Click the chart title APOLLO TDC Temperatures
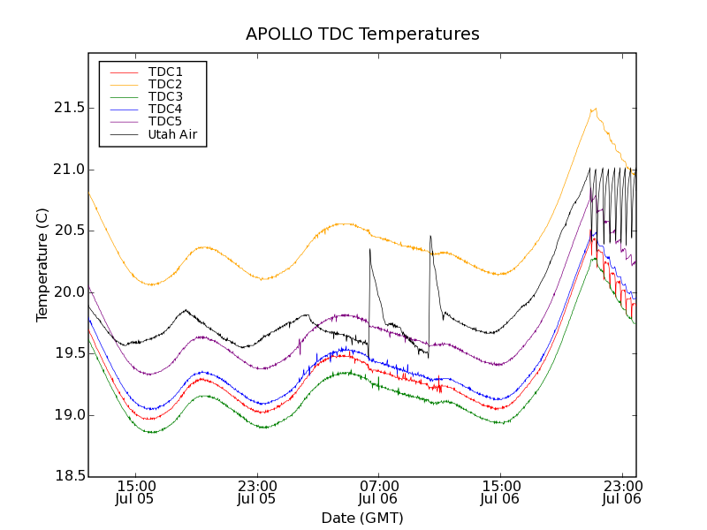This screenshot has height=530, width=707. pyautogui.click(x=362, y=34)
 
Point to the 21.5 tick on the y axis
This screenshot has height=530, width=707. pyautogui.click(x=68, y=108)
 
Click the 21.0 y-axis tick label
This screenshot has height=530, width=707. pyautogui.click(x=68, y=170)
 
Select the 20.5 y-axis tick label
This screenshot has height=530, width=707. pyautogui.click(x=68, y=231)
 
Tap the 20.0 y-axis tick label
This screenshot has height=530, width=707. pyautogui.click(x=68, y=292)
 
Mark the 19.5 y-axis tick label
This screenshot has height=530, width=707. pyautogui.click(x=68, y=353)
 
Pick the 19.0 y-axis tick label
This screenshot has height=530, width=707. pyautogui.click(x=68, y=415)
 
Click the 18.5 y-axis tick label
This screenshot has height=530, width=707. pyautogui.click(x=68, y=477)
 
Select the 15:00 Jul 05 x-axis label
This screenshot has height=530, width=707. pyautogui.click(x=136, y=492)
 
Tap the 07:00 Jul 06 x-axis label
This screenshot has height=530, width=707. pyautogui.click(x=379, y=492)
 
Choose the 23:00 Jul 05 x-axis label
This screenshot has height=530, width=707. pyautogui.click(x=257, y=492)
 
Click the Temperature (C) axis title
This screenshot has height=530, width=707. pyautogui.click(x=42, y=265)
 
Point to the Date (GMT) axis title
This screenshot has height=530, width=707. pyautogui.click(x=362, y=518)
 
